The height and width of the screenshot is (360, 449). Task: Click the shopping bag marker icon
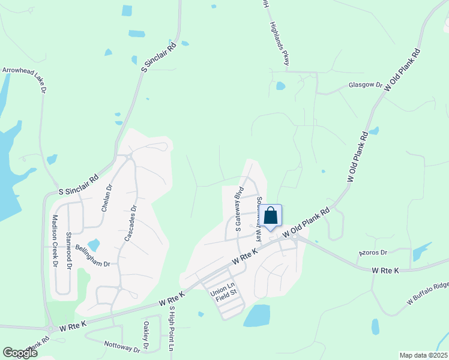[271, 216]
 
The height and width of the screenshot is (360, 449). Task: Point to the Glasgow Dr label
[365, 85]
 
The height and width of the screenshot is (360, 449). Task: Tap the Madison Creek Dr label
[55, 240]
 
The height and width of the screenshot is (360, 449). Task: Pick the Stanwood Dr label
[69, 250]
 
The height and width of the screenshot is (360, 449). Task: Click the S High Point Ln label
[171, 329]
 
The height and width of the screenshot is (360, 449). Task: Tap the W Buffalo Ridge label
[427, 292]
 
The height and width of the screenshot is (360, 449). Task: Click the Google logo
[20, 353]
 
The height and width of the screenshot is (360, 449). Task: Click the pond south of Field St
[258, 315]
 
